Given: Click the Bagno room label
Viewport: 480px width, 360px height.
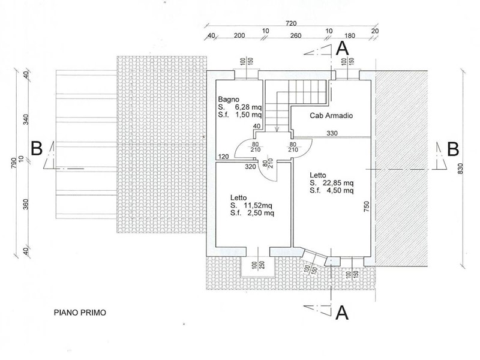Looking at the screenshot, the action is (x=229, y=100).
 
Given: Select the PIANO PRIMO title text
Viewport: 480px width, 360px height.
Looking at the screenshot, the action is (x=80, y=313).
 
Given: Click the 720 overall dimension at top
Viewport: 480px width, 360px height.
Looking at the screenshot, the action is (x=291, y=23).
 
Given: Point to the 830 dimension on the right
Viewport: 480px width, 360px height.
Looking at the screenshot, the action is (x=461, y=169).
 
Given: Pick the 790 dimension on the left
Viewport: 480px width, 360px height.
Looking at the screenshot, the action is (x=13, y=163).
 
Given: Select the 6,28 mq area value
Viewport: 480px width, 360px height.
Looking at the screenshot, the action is (x=248, y=107).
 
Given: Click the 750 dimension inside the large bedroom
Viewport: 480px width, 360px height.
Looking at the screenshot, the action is (x=367, y=206).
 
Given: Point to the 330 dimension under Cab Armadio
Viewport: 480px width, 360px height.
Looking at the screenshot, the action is (x=332, y=133).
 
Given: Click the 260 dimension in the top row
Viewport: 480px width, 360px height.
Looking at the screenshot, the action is (x=295, y=36).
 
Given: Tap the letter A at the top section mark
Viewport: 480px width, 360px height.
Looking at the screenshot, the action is (x=342, y=49).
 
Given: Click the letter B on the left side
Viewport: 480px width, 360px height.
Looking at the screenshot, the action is (x=37, y=148).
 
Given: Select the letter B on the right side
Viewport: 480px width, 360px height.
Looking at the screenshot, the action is (x=453, y=149).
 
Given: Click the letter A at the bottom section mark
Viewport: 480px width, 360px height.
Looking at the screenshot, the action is (x=342, y=313).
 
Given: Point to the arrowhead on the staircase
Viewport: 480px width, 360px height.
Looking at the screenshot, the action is (x=277, y=130).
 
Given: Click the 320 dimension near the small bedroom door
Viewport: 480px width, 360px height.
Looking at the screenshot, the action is (x=250, y=167).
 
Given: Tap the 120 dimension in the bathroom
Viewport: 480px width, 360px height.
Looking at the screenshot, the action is (x=223, y=157).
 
